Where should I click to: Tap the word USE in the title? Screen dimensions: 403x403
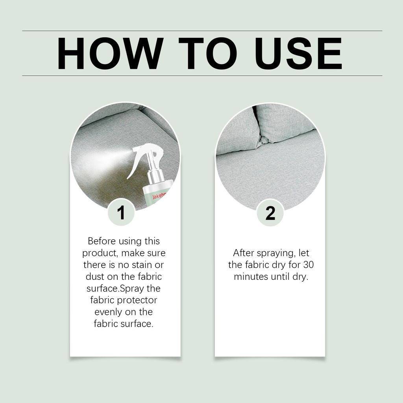(x=299, y=54)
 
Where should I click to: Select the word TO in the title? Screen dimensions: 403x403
(x=208, y=54)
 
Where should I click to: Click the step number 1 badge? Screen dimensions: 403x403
(x=121, y=213)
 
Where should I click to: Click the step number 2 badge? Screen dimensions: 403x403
(x=270, y=213)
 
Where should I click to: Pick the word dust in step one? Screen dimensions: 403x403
(x=95, y=277)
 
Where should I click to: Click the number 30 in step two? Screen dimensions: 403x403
(x=308, y=265)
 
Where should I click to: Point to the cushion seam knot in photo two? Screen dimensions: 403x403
(x=264, y=140)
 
